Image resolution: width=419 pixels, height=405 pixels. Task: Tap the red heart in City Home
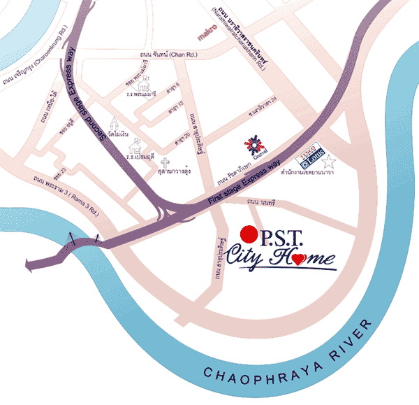298,259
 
